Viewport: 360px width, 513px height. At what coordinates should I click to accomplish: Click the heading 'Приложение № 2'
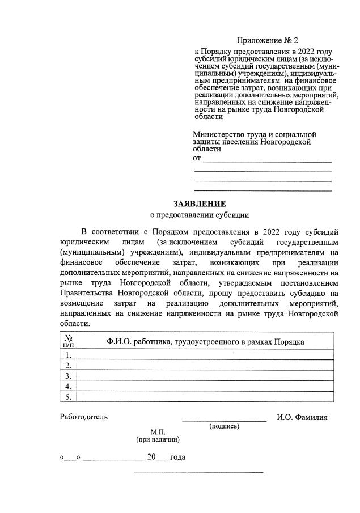[x=266, y=41]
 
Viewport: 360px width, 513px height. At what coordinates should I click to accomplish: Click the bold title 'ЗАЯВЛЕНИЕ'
[x=199, y=204]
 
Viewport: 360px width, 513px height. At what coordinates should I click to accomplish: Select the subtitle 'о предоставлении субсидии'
[x=199, y=215]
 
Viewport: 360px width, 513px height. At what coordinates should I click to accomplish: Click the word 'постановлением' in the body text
[x=309, y=283]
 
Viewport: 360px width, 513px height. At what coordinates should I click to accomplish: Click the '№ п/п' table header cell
[x=67, y=341]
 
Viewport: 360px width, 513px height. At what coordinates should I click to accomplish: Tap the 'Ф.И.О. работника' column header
[x=205, y=341]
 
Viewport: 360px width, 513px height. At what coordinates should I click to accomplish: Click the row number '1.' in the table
[x=67, y=355]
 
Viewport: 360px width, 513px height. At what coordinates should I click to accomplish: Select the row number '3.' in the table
[x=67, y=376]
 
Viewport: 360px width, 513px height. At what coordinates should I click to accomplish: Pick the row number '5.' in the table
[x=67, y=397]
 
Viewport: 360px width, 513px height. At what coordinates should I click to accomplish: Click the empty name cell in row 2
[x=205, y=365]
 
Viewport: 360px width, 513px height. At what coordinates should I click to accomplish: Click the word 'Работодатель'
[x=84, y=417]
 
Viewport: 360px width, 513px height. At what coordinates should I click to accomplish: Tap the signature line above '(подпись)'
[x=224, y=421]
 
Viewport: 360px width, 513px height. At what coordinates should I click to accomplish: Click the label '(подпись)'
[x=224, y=426]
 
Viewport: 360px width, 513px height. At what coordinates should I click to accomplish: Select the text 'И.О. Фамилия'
[x=302, y=417]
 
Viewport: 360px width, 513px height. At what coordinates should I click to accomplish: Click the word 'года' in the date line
[x=178, y=457]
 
